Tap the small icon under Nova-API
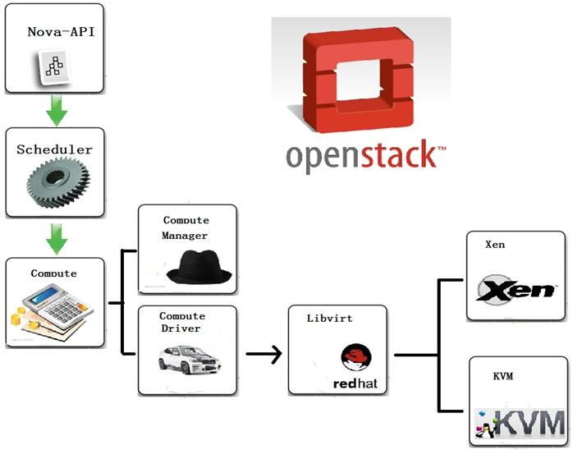click(53, 67)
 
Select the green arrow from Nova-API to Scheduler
click(56, 111)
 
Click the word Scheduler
click(54, 149)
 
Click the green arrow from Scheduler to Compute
click(56, 239)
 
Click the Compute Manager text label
click(186, 227)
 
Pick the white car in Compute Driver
click(187, 359)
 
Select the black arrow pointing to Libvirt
click(264, 355)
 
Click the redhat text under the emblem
click(354, 383)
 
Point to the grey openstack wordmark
click(365, 156)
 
